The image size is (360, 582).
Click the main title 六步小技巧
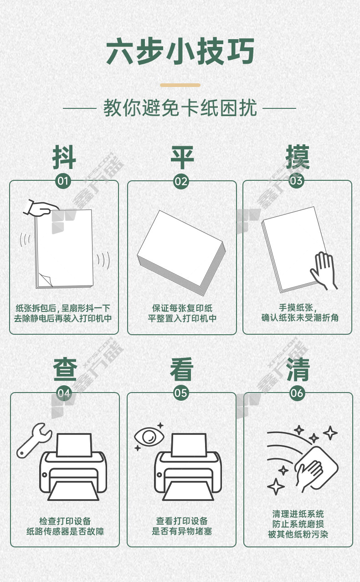(x=180, y=51)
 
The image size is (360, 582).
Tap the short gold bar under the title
(x=180, y=85)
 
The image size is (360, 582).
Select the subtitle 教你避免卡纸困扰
(x=180, y=108)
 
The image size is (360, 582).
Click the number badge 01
(x=63, y=181)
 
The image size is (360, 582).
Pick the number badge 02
(x=181, y=181)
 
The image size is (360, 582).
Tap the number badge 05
(x=181, y=393)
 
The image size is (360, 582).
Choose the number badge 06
(x=297, y=393)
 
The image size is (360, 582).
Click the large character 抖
(x=64, y=158)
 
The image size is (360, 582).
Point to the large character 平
(x=182, y=158)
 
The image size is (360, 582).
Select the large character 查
(x=65, y=369)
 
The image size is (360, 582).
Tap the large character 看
(x=182, y=369)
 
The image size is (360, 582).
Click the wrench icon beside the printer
(x=34, y=440)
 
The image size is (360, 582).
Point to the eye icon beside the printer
(x=149, y=437)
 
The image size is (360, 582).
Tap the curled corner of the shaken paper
(x=46, y=280)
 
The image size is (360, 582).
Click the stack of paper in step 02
(x=181, y=253)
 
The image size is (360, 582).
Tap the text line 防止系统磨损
(x=298, y=524)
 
